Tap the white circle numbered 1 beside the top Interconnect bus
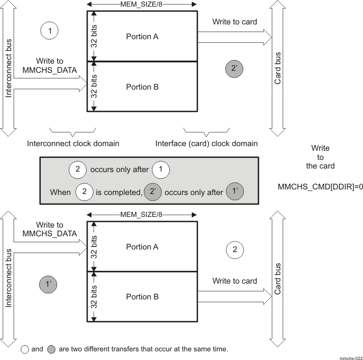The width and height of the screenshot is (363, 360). (x=49, y=31)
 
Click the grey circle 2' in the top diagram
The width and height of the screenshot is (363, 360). (x=235, y=70)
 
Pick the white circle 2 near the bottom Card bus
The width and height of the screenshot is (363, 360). (x=235, y=250)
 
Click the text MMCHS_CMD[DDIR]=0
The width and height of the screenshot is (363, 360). (x=320, y=187)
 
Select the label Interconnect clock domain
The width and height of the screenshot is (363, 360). (x=73, y=144)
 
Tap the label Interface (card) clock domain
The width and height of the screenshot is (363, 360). (x=206, y=144)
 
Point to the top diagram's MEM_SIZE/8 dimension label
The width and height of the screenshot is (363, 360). (x=142, y=5)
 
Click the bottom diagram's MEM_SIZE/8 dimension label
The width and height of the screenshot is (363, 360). (x=142, y=215)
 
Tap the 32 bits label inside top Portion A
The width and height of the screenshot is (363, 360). (x=94, y=36)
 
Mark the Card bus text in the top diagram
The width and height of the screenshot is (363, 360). (x=278, y=68)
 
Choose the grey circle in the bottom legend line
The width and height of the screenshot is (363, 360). (x=51, y=349)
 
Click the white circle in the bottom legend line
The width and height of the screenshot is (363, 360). (x=24, y=349)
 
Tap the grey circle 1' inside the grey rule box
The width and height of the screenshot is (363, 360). (x=235, y=192)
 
